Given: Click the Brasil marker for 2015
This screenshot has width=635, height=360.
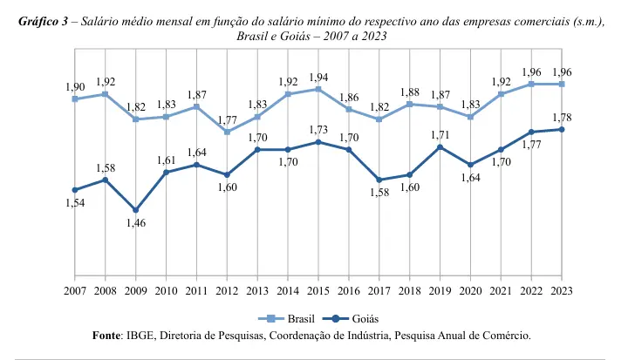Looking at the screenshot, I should (x=318, y=89).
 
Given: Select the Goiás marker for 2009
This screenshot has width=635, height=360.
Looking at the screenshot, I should (x=135, y=210).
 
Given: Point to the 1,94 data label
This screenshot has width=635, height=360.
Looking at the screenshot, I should (x=318, y=78).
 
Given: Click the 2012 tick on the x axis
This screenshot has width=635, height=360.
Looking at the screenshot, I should (x=227, y=289).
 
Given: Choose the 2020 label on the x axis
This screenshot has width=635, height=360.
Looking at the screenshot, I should (x=471, y=289).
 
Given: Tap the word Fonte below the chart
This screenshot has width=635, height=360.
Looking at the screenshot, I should (x=108, y=335).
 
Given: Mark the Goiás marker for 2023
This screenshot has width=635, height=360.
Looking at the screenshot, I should (x=562, y=130).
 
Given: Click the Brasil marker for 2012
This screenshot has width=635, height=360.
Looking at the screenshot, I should (x=227, y=132).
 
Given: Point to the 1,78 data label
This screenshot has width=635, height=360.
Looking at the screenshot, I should (x=562, y=118).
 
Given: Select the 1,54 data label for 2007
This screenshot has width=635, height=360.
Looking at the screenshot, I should (x=76, y=203).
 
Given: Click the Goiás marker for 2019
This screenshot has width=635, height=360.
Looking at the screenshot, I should (x=440, y=147).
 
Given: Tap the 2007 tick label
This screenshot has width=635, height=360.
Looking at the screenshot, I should (x=76, y=289).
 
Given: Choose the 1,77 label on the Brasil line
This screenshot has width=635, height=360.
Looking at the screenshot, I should (x=227, y=120).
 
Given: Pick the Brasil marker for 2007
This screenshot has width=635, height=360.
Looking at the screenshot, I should (x=76, y=98).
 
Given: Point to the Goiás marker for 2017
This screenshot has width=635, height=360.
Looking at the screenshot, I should (x=379, y=180).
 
